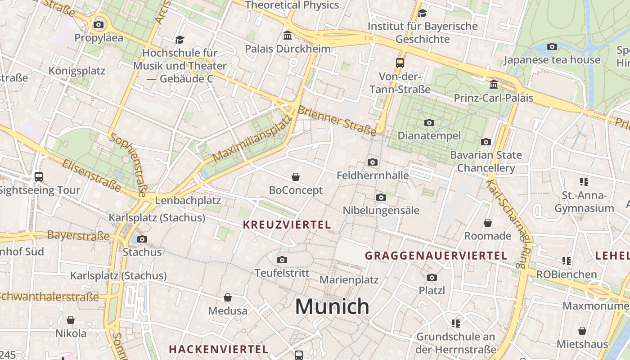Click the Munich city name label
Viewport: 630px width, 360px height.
(x=332, y=307)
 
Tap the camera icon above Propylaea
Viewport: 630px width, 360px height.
(x=99, y=24)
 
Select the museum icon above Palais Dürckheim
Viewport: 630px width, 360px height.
(x=288, y=35)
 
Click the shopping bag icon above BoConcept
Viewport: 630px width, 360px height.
(x=296, y=177)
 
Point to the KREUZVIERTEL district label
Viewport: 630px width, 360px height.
(x=287, y=225)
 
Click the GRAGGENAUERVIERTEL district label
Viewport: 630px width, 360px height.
(x=436, y=256)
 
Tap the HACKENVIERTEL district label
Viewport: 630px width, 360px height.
(x=218, y=349)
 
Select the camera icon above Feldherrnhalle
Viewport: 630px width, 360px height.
(x=373, y=162)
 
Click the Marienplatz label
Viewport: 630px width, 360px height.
(x=349, y=279)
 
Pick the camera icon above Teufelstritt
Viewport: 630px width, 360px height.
(x=282, y=260)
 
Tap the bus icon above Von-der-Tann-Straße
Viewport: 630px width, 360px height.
(x=400, y=63)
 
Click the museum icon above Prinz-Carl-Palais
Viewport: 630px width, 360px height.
(x=494, y=85)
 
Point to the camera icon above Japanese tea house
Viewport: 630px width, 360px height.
(x=552, y=46)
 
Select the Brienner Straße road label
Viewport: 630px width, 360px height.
(x=337, y=121)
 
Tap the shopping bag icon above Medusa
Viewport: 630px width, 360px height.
(x=228, y=297)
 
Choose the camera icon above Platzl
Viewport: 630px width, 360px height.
(x=432, y=277)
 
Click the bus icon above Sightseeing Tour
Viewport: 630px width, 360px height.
(x=39, y=177)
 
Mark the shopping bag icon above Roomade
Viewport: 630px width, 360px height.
(x=488, y=223)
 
